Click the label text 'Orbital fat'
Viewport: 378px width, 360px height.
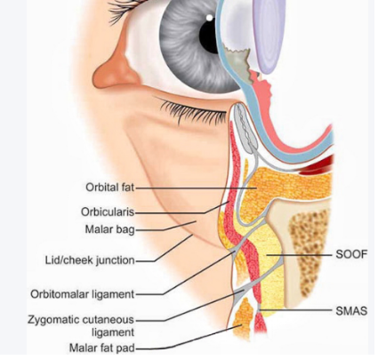tap(109, 188)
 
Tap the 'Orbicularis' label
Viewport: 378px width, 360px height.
tap(108, 212)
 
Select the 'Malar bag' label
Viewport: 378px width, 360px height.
tap(109, 229)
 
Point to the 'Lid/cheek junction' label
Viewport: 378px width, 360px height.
tap(90, 260)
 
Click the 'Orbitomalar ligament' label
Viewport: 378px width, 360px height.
tap(83, 294)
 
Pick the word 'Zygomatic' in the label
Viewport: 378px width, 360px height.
tap(52, 320)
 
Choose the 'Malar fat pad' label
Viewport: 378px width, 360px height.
tap(101, 348)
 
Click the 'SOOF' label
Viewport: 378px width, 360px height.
tap(351, 254)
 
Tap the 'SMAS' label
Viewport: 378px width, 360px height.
tap(351, 311)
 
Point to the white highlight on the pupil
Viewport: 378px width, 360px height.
tap(209, 18)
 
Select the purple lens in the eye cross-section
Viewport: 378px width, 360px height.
tap(269, 34)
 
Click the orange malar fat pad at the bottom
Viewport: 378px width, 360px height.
tap(243, 318)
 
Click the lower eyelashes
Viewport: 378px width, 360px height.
tap(193, 112)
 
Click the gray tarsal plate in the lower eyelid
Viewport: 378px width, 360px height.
tap(244, 127)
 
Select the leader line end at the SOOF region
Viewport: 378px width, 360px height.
tap(267, 254)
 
